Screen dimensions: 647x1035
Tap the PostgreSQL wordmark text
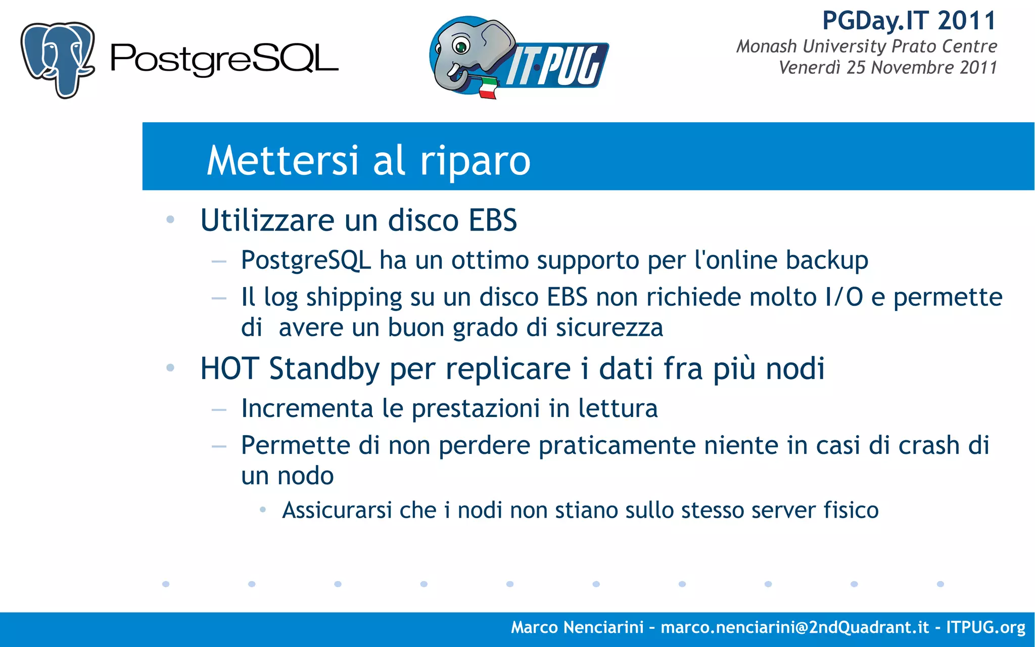coord(224,59)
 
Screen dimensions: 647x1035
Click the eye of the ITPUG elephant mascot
coord(460,47)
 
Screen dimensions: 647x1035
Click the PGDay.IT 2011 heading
coord(909,21)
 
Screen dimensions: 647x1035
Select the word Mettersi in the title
coord(283,160)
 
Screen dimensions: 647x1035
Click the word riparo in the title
coord(475,161)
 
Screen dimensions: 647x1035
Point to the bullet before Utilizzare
coord(170,220)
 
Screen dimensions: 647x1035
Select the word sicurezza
coord(609,328)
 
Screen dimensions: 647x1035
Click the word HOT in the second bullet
coord(230,368)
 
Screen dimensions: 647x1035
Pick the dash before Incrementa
coord(219,410)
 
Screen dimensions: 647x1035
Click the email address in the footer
coord(794,627)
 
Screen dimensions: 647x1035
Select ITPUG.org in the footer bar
coord(985,627)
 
